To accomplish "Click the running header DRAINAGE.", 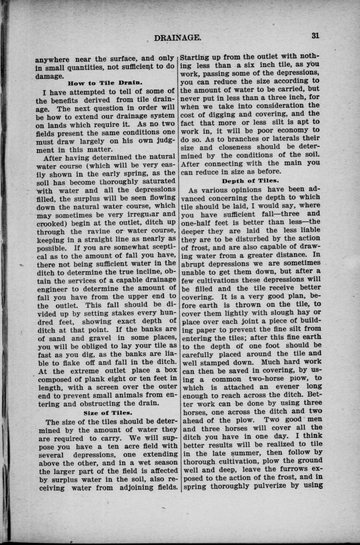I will pos(178,38).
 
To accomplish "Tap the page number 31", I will pos(315,35).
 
